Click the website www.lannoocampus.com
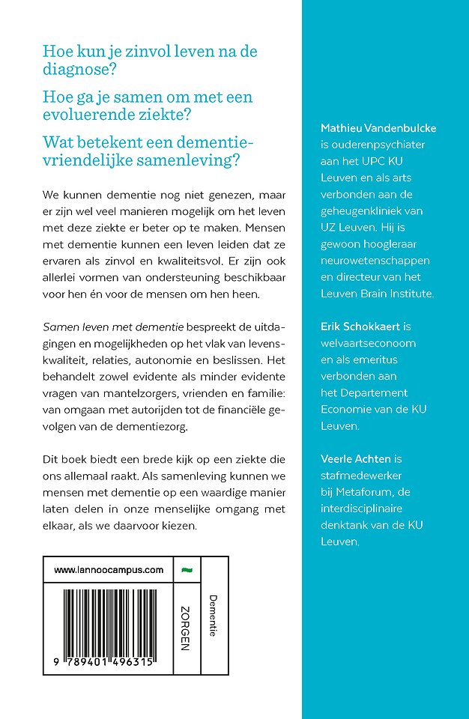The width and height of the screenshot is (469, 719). tap(109, 570)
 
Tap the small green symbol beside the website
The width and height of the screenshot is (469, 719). tap(187, 570)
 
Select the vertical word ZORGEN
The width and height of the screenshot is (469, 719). tap(186, 628)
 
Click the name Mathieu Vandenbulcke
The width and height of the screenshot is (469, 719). tap(378, 128)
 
